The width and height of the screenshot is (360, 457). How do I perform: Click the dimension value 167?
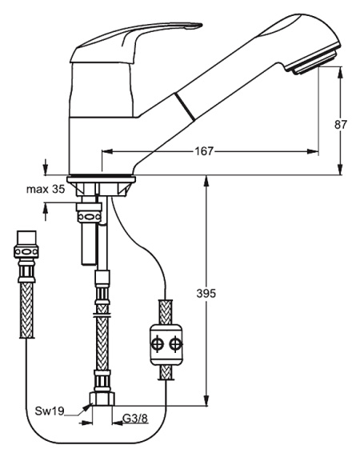click(204, 151)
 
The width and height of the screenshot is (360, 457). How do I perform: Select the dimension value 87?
click(341, 124)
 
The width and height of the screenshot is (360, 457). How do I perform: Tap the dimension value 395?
click(206, 293)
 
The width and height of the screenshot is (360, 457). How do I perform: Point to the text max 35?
click(46, 189)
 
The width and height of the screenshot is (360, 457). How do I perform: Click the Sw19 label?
click(50, 411)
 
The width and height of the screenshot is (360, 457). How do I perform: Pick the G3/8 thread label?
click(135, 419)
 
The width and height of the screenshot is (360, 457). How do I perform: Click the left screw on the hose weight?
click(158, 344)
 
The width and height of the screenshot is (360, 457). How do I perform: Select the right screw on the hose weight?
click(176, 344)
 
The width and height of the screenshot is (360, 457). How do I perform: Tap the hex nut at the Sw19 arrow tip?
click(102, 399)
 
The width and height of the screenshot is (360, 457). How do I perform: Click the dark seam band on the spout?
click(185, 106)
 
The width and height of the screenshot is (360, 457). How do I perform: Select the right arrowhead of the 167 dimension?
click(312, 151)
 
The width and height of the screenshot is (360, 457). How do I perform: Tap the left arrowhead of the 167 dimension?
click(107, 151)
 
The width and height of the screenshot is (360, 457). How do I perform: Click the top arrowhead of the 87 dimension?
click(341, 72)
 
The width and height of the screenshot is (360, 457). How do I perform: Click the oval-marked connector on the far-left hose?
click(26, 252)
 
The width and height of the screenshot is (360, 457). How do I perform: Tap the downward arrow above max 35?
click(45, 167)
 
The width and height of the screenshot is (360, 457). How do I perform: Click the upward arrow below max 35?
click(45, 212)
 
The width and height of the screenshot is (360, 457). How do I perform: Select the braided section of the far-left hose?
click(26, 310)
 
